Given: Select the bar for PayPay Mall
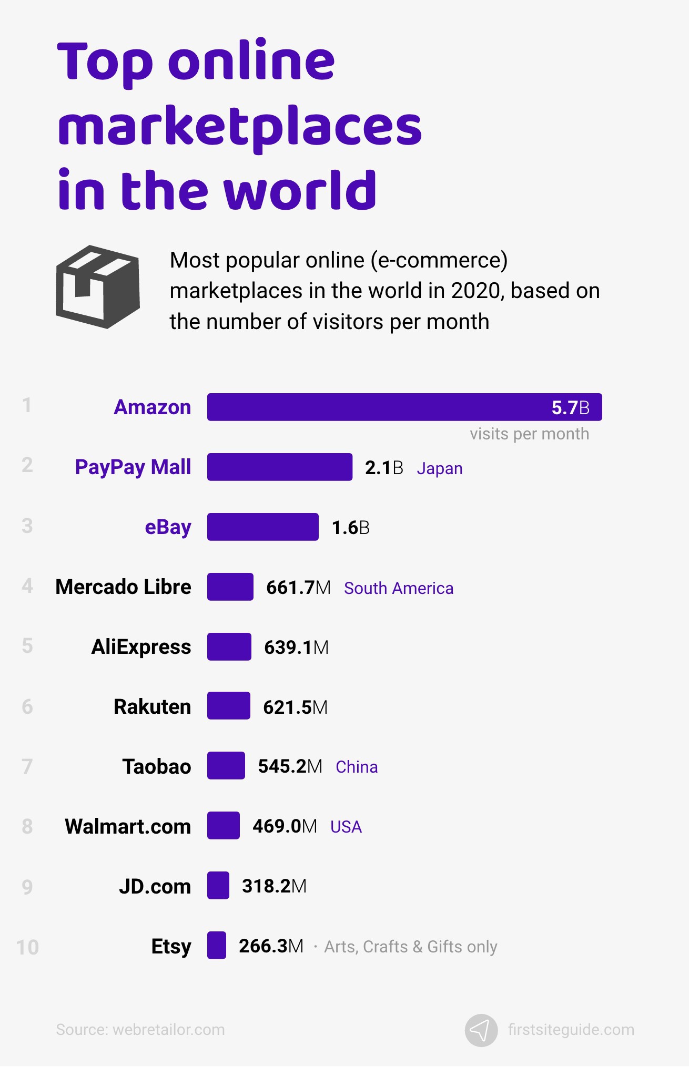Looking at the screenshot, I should [x=279, y=467].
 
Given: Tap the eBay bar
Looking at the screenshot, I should [x=262, y=527].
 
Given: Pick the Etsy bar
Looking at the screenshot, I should [x=216, y=945].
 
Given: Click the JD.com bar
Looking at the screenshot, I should [x=218, y=885].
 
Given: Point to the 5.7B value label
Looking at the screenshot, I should [x=570, y=407].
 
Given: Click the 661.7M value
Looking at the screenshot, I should [x=298, y=587].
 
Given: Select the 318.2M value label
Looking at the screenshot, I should [x=274, y=886].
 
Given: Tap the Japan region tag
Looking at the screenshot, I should [x=439, y=468].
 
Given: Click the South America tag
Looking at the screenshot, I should [x=398, y=588].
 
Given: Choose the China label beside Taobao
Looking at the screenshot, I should [x=357, y=767].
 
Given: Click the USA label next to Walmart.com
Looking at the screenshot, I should [x=346, y=827].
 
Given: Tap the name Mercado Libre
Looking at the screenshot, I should [x=123, y=587].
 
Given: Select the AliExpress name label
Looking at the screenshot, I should [x=141, y=647].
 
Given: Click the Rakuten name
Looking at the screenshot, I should [x=152, y=706].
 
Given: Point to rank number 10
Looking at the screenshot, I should [x=27, y=947].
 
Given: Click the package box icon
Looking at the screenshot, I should [x=98, y=286].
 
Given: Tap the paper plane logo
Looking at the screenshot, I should [x=481, y=1030].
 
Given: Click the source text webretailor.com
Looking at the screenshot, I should [x=140, y=1029].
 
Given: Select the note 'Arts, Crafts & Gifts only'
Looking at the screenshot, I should [x=410, y=947].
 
